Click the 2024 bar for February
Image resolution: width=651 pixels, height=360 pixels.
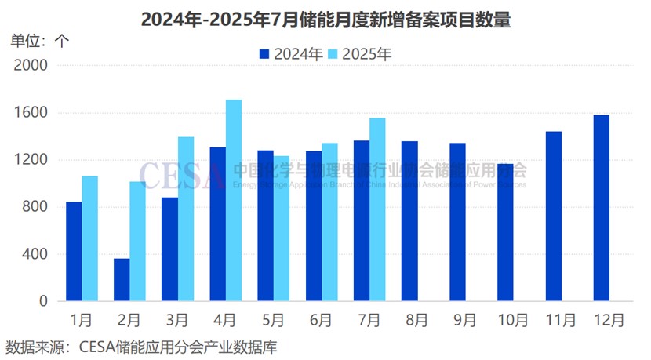[x=122, y=280]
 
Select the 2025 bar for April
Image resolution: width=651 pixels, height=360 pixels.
[x=234, y=201]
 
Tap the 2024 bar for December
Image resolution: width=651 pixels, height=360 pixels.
[x=602, y=209]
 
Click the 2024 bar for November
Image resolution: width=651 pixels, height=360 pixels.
[x=554, y=216]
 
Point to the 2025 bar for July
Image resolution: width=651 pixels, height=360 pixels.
[x=377, y=209]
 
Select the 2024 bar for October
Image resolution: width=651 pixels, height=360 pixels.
[x=506, y=232]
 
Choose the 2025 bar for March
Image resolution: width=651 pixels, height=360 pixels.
[x=186, y=220]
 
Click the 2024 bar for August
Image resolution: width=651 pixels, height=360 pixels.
[x=409, y=221]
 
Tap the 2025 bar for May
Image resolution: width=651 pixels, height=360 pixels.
[x=282, y=228]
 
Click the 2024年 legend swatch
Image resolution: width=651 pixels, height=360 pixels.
[x=265, y=54]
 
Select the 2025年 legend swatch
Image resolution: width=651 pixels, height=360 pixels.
[x=333, y=54]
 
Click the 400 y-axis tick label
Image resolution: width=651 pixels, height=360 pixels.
[x=36, y=254]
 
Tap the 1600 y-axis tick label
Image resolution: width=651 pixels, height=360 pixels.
[x=32, y=113]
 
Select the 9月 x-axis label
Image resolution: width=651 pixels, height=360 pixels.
[x=464, y=320]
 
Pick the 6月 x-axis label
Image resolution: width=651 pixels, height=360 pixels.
[x=321, y=320]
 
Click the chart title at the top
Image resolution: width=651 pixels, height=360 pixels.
[x=325, y=19]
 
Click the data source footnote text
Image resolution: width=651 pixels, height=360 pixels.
[x=141, y=346]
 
